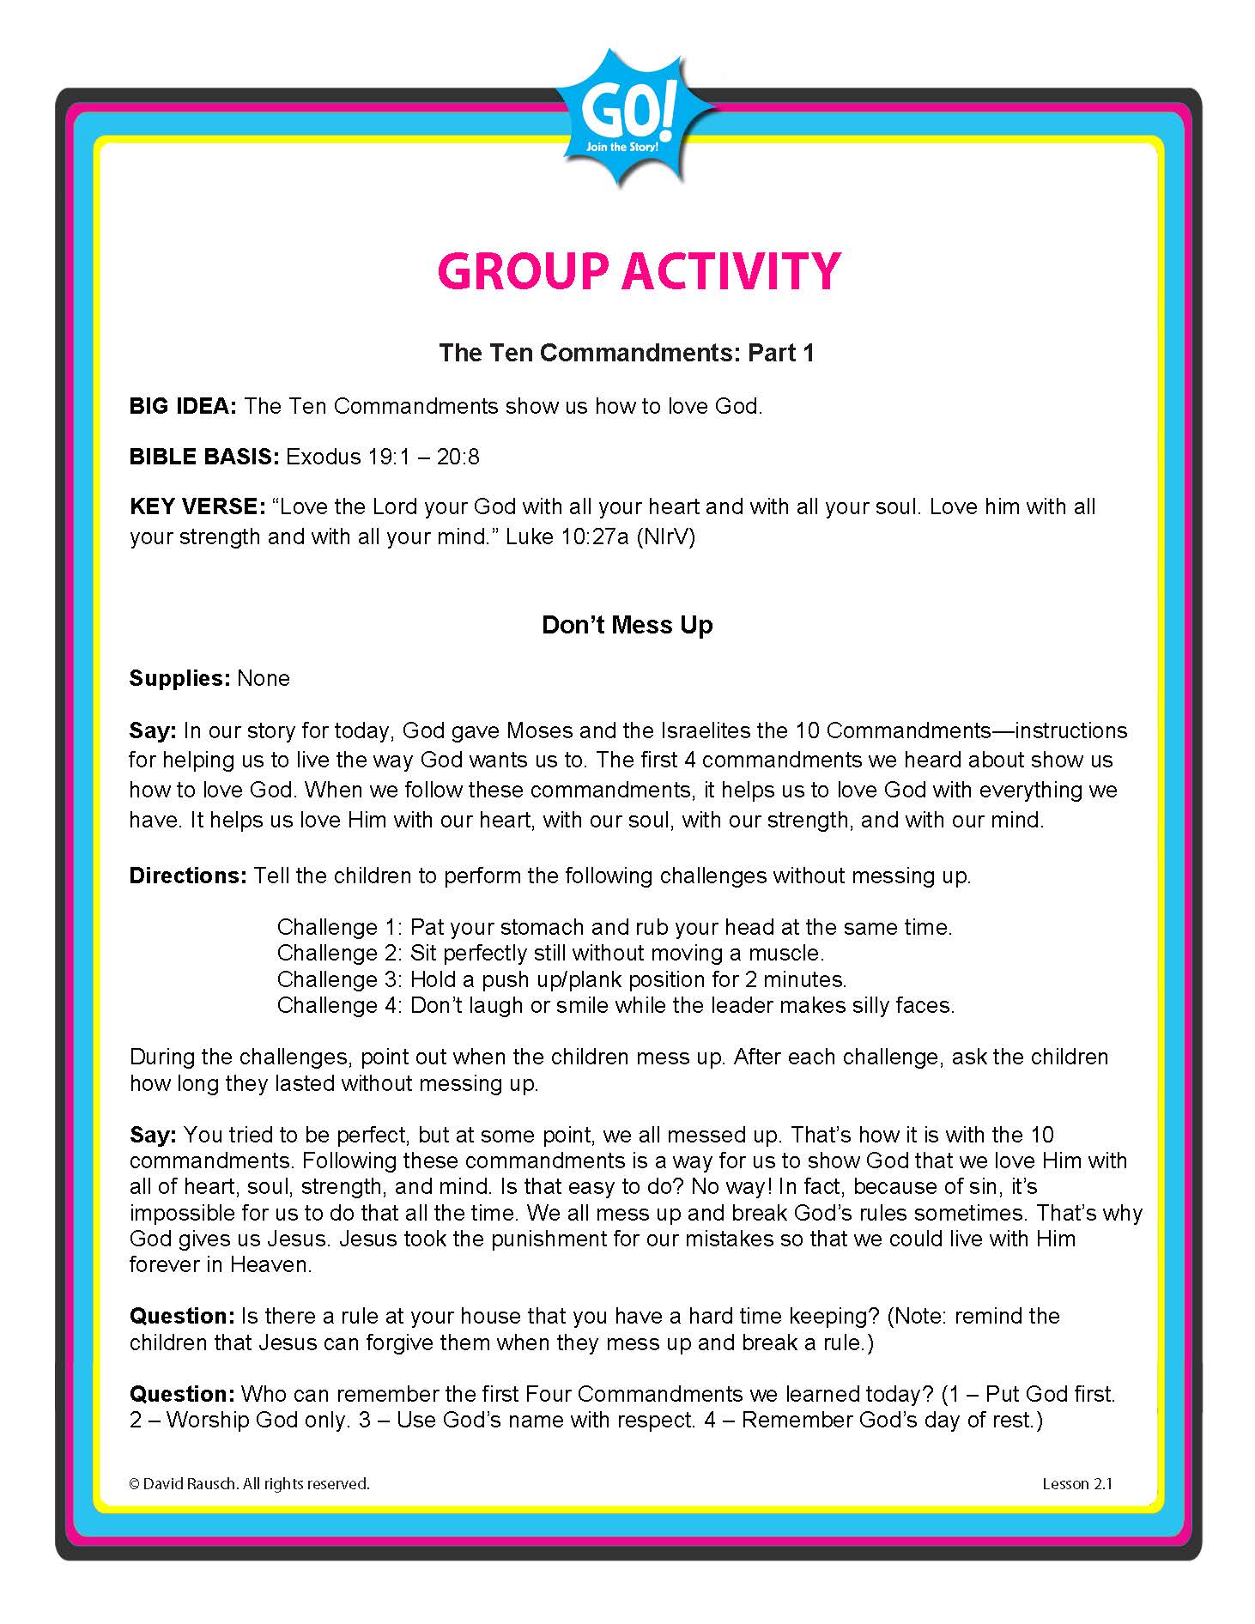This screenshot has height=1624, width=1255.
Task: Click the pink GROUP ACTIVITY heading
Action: coord(639,271)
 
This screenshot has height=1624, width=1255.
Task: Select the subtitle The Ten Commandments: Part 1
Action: coord(627,353)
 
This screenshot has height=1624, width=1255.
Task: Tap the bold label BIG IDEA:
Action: coord(183,406)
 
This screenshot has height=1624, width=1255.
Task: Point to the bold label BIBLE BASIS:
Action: coord(204,457)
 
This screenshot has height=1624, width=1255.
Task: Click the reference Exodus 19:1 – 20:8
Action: coord(383,457)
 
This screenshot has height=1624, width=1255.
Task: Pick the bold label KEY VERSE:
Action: coord(197,506)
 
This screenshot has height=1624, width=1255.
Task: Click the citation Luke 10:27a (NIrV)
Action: coord(600,536)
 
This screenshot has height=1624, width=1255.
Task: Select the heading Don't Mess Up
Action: coord(627,625)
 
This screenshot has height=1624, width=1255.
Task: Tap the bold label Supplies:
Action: coord(179,678)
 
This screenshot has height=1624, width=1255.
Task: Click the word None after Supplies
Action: coord(264,678)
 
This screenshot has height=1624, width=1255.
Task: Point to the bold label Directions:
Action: coord(188,876)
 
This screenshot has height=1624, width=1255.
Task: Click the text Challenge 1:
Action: coord(339,927)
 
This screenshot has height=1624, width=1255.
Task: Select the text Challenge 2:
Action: coord(339,953)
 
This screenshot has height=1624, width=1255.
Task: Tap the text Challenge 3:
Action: coord(339,979)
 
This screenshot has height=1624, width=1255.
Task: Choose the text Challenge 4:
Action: coord(339,1005)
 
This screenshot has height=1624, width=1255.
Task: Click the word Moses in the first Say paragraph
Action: coord(539,730)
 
